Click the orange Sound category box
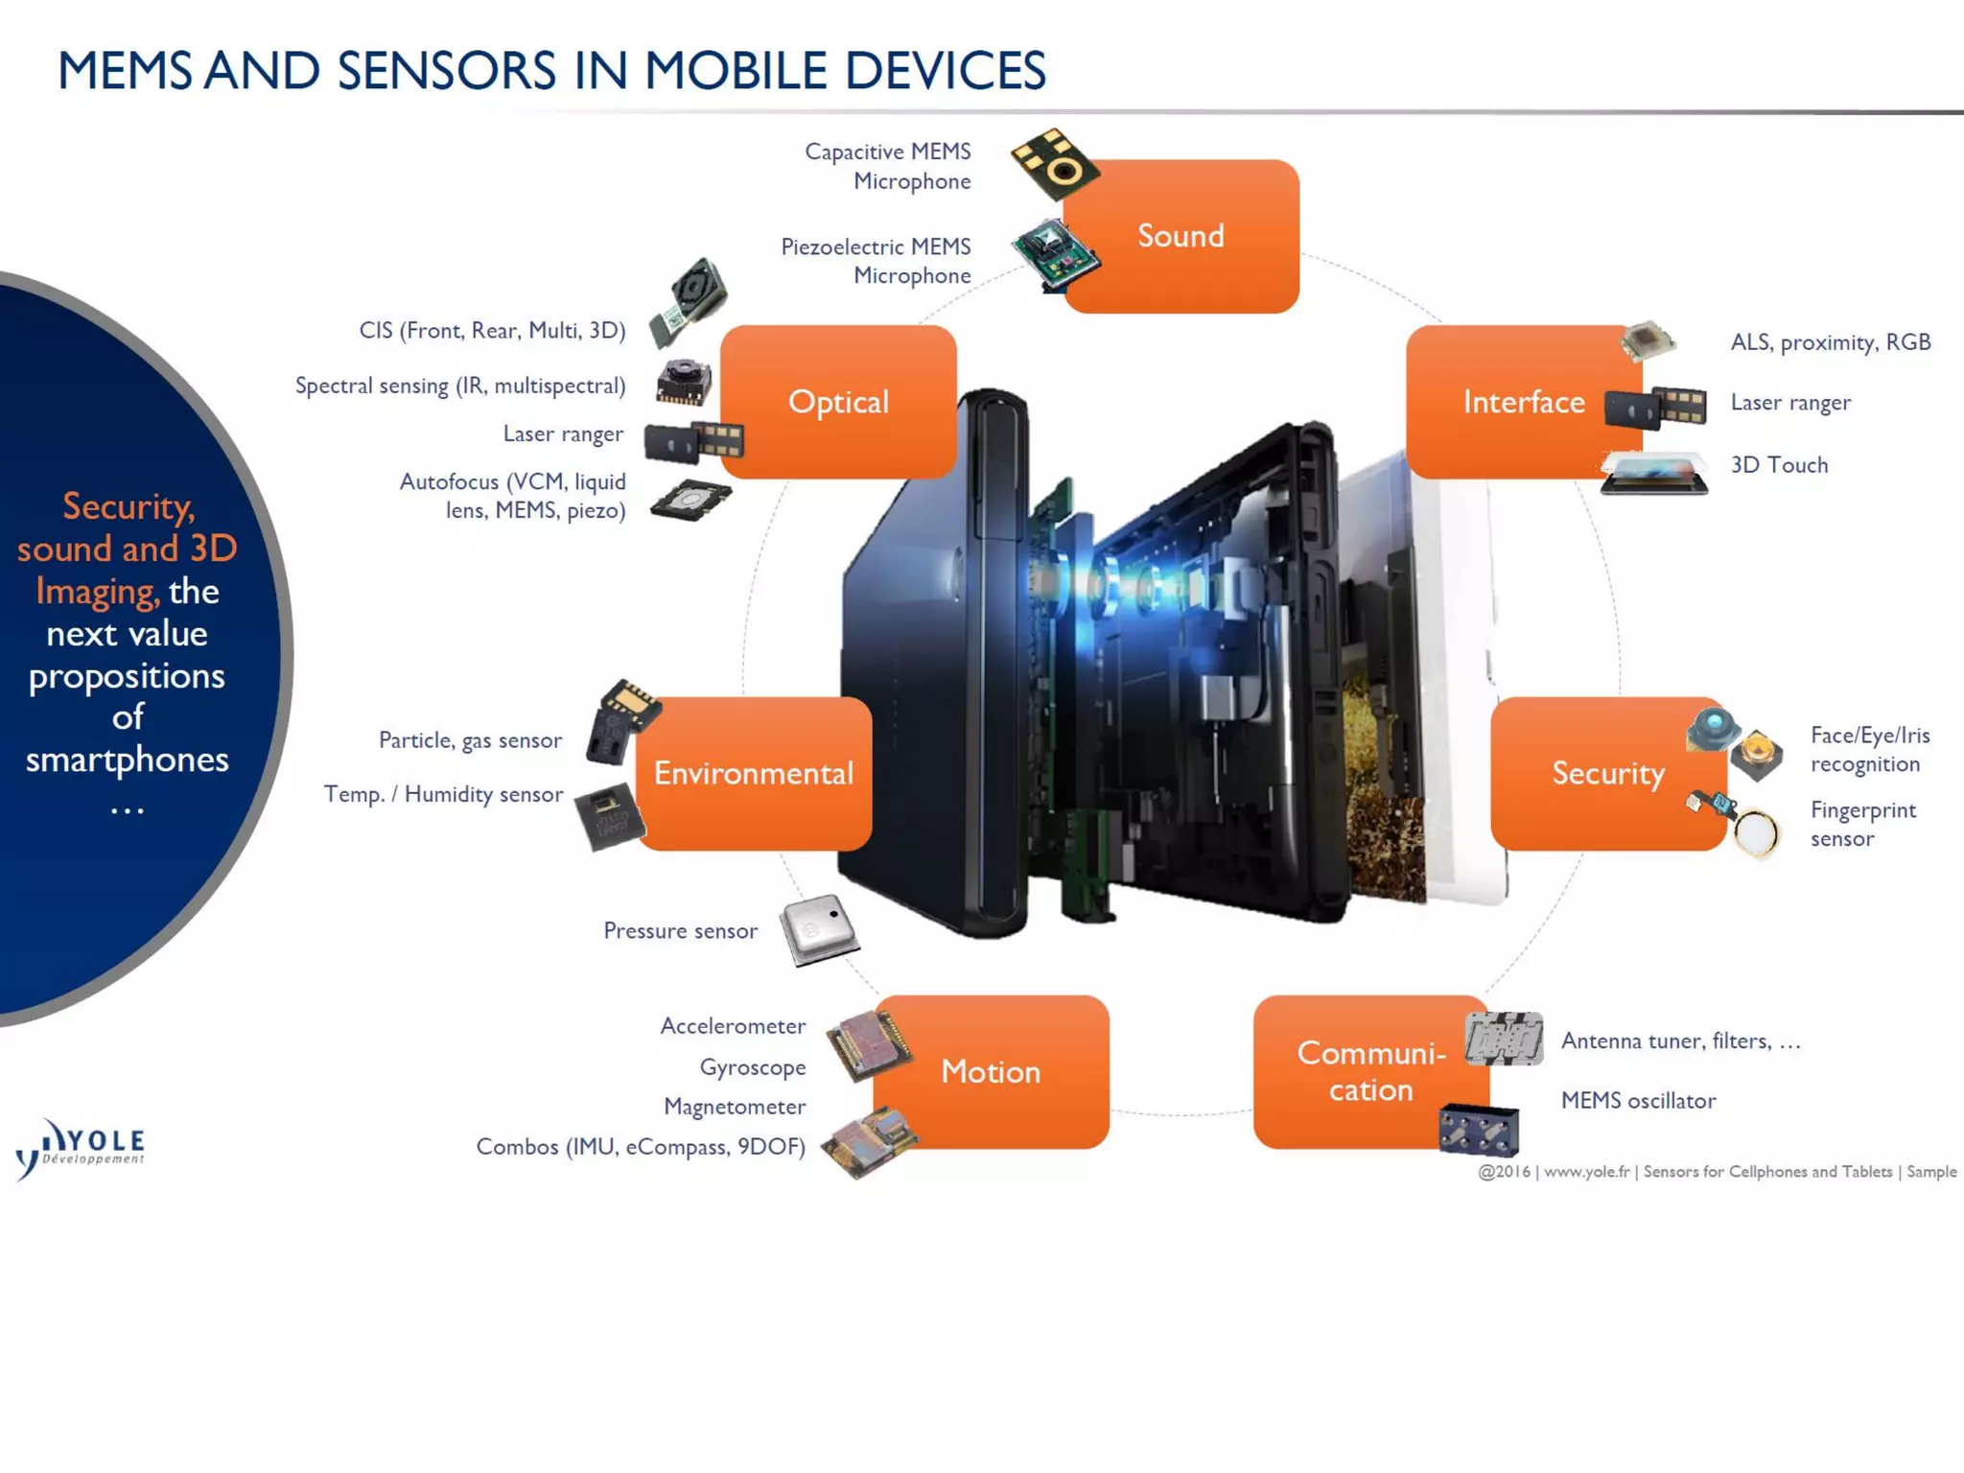tap(1181, 236)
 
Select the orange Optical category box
tap(838, 402)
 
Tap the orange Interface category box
tap(1523, 402)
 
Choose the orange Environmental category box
tap(754, 773)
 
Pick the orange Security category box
tap(1608, 773)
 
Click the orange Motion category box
tap(991, 1071)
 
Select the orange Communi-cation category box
tap(1370, 1071)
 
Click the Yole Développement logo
tap(81, 1146)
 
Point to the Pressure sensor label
tap(680, 930)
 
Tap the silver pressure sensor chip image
tap(818, 928)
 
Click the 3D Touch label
tap(1779, 465)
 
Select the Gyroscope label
tap(753, 1067)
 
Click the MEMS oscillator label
tap(1638, 1100)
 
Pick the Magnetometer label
tap(735, 1107)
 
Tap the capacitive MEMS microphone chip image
tap(1055, 163)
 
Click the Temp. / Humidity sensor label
tap(443, 794)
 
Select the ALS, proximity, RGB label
tap(1830, 342)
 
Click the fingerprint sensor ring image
tap(1757, 831)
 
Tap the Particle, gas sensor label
tap(470, 740)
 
